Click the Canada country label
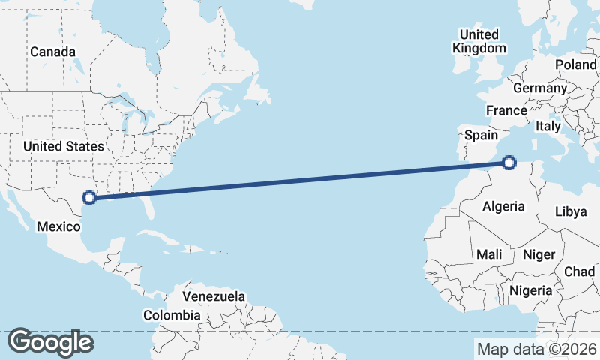[52, 52]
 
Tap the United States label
[64, 146]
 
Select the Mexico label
[58, 226]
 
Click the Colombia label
[172, 315]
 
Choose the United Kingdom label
[478, 41]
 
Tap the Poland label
[575, 65]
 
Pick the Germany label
[540, 88]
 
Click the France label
[506, 110]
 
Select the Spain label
[481, 135]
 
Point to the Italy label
[547, 127]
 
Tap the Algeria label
[503, 206]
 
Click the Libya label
[571, 211]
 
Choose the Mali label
[489, 255]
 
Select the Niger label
[538, 255]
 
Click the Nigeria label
[531, 290]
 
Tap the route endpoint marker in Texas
[89, 198]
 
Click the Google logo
[50, 343]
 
